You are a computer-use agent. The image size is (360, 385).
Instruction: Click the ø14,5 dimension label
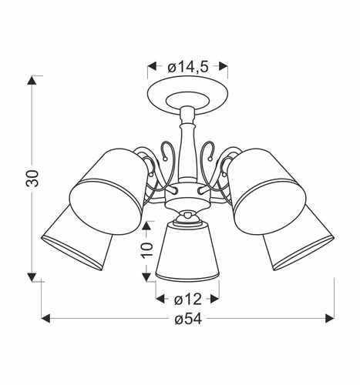pyautogui.click(x=188, y=66)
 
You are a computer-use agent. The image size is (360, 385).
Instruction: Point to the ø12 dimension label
pyautogui.click(x=188, y=298)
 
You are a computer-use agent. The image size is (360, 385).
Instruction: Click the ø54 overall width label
pyautogui.click(x=188, y=318)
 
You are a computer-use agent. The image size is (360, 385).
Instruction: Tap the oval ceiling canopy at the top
pyautogui.click(x=188, y=97)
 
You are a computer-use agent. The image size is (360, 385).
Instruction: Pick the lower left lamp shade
pyautogui.click(x=75, y=239)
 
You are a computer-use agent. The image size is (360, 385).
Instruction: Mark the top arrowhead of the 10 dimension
pyautogui.click(x=147, y=224)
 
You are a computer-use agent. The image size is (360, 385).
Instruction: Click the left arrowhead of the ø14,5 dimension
pyautogui.click(x=150, y=66)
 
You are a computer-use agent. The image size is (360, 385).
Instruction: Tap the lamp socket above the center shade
pyautogui.click(x=187, y=218)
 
